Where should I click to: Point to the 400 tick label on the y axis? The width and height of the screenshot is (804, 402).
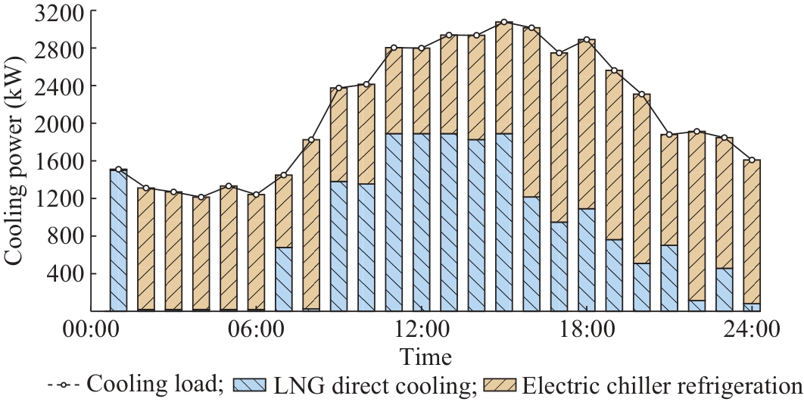(x=69, y=273)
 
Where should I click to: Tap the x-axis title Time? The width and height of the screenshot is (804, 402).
(x=427, y=357)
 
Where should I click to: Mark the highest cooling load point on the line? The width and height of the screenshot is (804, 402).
(x=504, y=23)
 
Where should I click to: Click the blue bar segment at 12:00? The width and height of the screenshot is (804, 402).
(x=421, y=223)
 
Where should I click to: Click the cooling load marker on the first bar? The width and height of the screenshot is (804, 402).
(x=118, y=170)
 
